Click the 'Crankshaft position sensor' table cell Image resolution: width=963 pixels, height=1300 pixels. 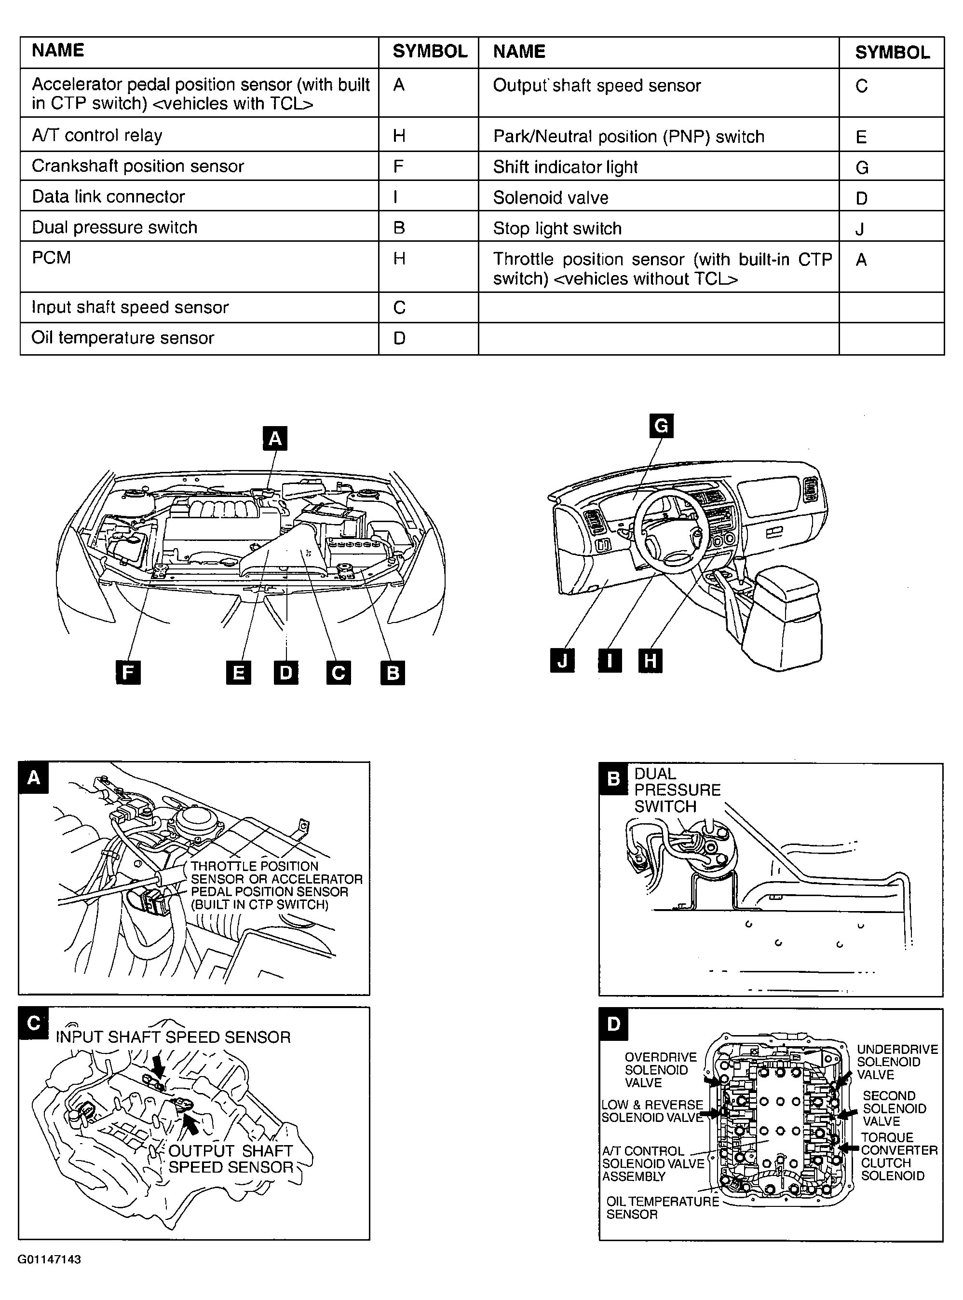pyautogui.click(x=199, y=166)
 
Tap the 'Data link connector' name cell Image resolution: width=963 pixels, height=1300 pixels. pyautogui.click(x=199, y=196)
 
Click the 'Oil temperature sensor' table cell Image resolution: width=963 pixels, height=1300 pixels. pyautogui.click(x=199, y=338)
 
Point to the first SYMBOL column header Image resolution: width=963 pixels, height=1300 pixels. pyautogui.click(x=429, y=53)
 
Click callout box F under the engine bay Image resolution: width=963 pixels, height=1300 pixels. pyautogui.click(x=128, y=673)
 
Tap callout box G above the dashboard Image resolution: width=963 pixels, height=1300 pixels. pyautogui.click(x=661, y=426)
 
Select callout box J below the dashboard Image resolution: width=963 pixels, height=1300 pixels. pyautogui.click(x=563, y=661)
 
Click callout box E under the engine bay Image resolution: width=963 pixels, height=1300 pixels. pyautogui.click(x=238, y=673)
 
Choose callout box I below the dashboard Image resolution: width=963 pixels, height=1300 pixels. pyautogui.click(x=610, y=661)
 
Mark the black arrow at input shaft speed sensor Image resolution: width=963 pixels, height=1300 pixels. pyautogui.click(x=157, y=1065)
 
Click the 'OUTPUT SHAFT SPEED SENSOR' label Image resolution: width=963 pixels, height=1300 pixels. pyautogui.click(x=231, y=1159)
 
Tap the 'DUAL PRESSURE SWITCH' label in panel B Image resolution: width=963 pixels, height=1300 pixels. pyautogui.click(x=678, y=790)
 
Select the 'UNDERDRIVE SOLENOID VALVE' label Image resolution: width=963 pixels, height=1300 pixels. pyautogui.click(x=897, y=1062)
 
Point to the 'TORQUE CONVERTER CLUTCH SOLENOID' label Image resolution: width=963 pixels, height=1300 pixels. pyautogui.click(x=899, y=1157)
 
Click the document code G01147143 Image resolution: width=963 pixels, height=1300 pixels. pyautogui.click(x=49, y=1259)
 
